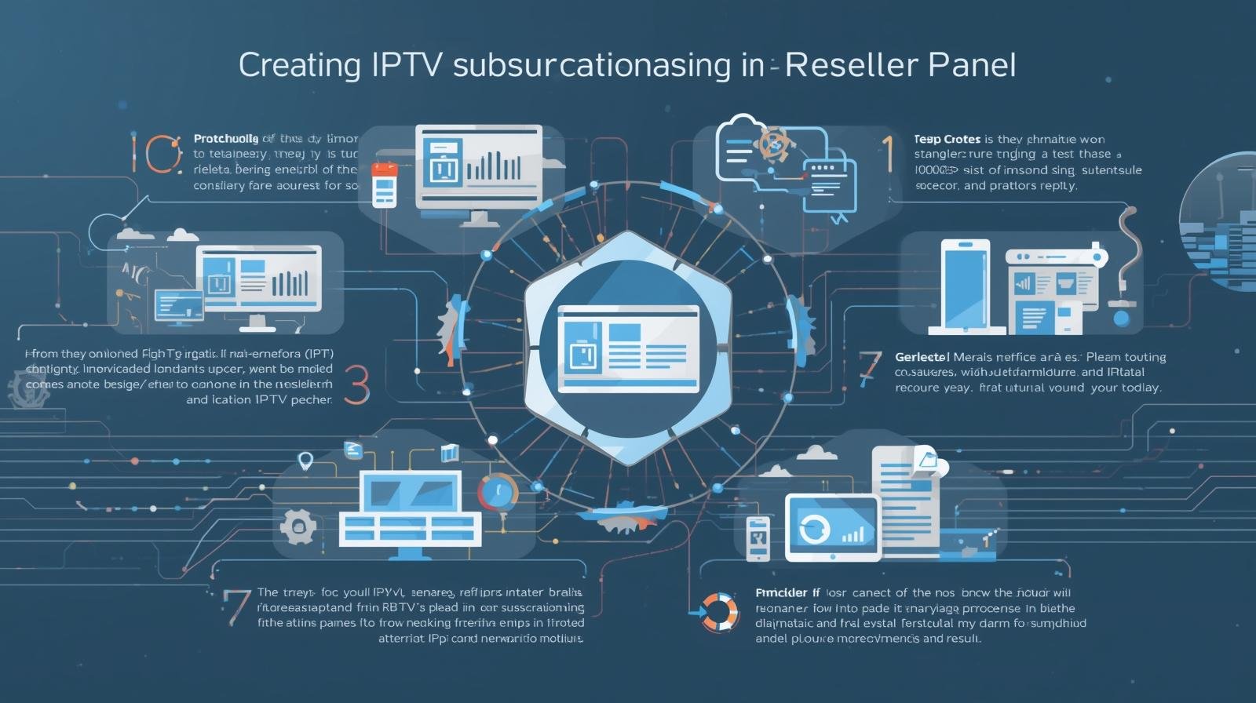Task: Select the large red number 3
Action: pos(356,384)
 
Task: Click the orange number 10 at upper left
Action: pos(156,153)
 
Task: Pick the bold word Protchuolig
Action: pos(225,138)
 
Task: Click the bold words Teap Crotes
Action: pos(947,139)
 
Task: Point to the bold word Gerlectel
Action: pos(922,357)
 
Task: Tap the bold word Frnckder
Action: pos(781,592)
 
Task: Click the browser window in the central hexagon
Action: pos(627,348)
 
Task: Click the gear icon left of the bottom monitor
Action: pos(298,526)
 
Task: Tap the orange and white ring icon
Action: pos(719,612)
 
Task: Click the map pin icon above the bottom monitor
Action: pos(306,461)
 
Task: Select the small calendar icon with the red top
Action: pos(384,184)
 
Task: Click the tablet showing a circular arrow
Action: pos(832,528)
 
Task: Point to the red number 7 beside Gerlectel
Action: pos(869,368)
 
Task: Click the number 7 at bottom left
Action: pos(235,606)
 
